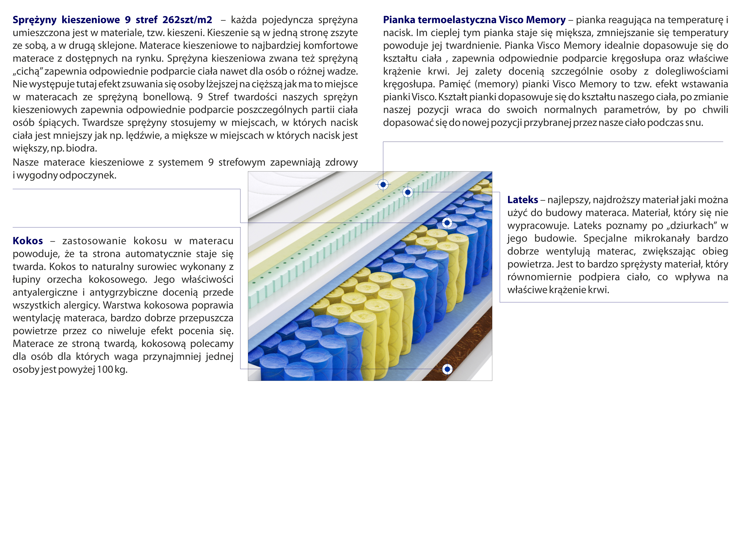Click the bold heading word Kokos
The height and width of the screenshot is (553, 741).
point(28,241)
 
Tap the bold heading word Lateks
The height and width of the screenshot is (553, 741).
point(522,200)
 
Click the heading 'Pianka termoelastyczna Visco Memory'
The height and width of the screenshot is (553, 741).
point(474,20)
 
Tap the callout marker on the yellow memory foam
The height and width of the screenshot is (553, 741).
point(383,184)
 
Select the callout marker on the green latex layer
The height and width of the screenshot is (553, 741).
point(407,192)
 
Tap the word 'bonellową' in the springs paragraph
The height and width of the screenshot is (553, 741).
point(167,97)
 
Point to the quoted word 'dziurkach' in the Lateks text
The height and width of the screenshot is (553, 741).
point(693,226)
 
